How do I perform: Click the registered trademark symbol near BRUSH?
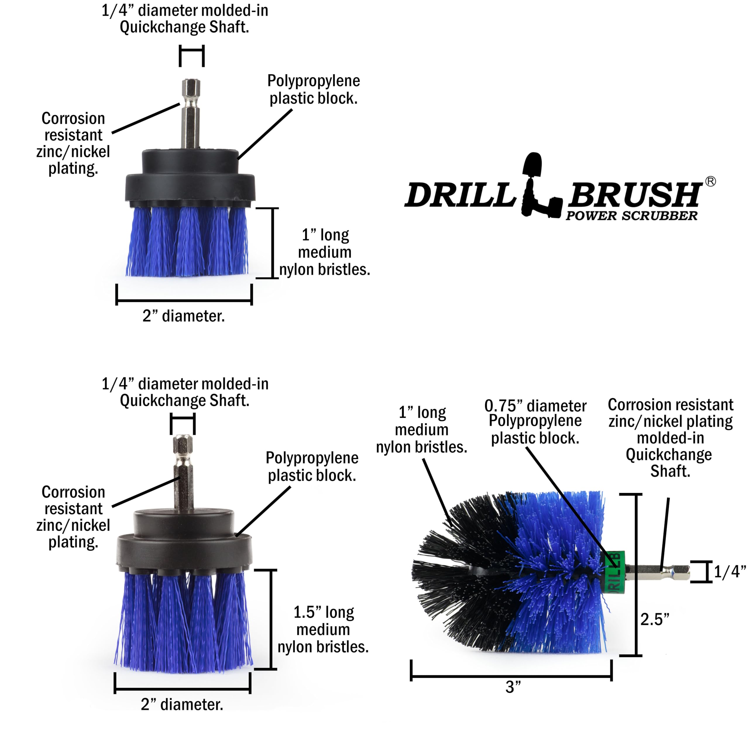coord(710,181)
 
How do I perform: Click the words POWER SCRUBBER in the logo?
coord(631,216)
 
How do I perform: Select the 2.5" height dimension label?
coord(654,619)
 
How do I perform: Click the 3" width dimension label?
coord(513,687)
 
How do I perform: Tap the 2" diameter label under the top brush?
coord(183,316)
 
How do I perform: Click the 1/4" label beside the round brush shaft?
coord(730,571)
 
